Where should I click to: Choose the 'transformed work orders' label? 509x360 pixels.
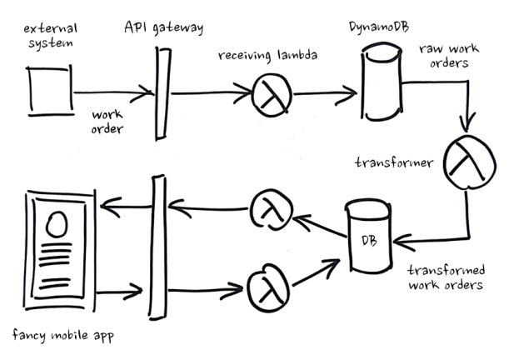[x=446, y=277]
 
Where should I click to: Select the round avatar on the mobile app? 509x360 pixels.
[x=57, y=224]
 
